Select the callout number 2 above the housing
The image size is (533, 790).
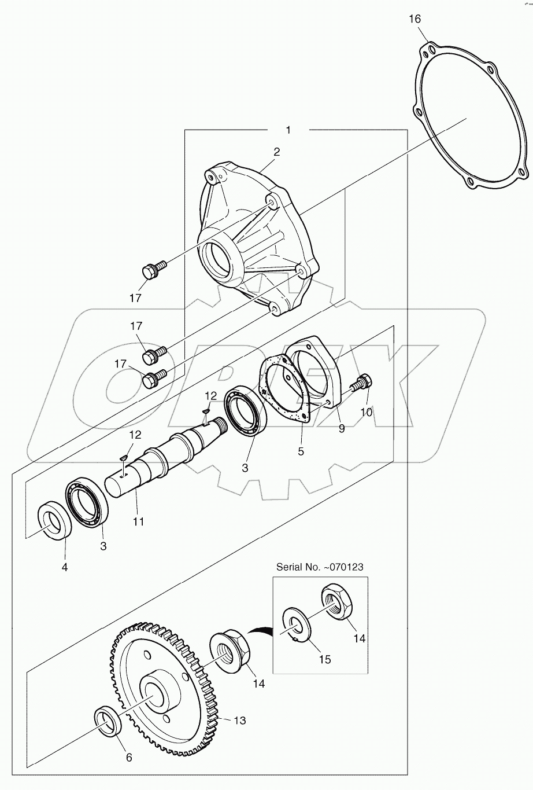[x=277, y=152]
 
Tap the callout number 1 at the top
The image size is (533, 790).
[x=288, y=130]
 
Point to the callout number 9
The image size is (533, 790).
[x=341, y=428]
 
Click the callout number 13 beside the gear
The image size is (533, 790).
[x=239, y=720]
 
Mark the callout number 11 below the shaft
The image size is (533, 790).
[x=138, y=521]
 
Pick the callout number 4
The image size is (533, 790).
[x=65, y=567]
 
